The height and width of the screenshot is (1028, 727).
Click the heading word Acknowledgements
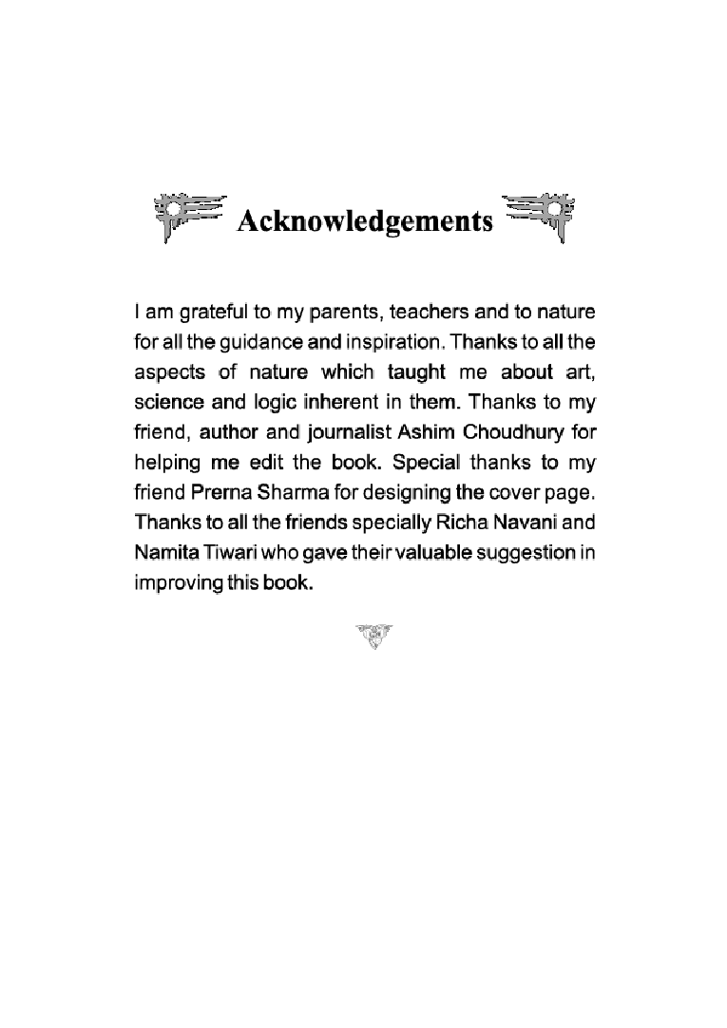[365, 221]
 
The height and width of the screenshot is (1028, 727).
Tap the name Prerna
[219, 493]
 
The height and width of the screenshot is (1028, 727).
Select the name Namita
[163, 553]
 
